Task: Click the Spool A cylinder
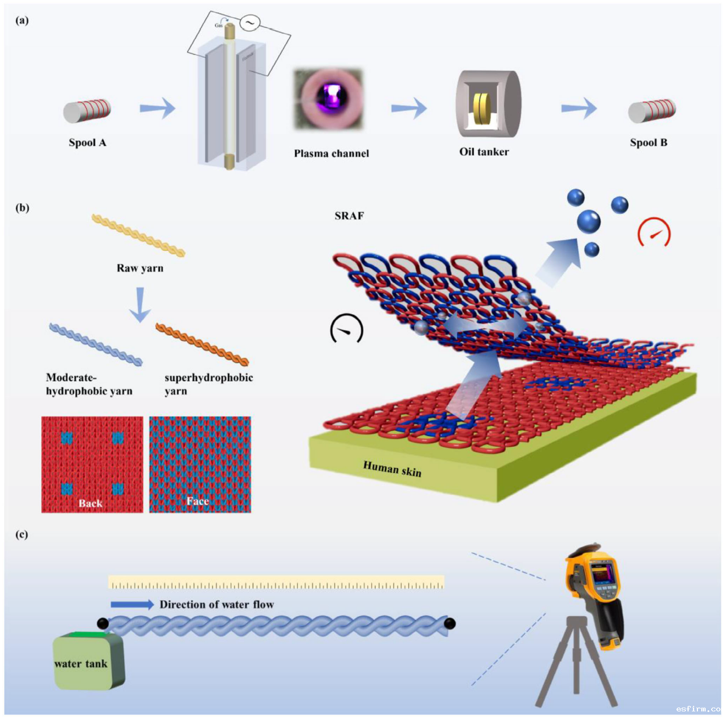87,111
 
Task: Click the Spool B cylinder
651,111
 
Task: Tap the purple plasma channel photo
328,99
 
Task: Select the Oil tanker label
484,152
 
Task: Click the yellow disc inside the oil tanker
481,108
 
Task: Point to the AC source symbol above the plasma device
250,23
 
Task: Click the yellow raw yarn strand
138,235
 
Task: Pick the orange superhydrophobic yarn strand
202,344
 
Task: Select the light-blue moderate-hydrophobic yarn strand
96,344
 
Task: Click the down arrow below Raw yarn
140,304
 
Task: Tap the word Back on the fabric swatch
90,503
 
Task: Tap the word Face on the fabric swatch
197,501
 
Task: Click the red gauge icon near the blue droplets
654,233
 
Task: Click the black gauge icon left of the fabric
346,329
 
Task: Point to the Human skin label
392,469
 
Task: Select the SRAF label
349,216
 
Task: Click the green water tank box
88,661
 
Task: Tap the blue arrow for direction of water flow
132,605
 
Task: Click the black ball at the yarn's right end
450,623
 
